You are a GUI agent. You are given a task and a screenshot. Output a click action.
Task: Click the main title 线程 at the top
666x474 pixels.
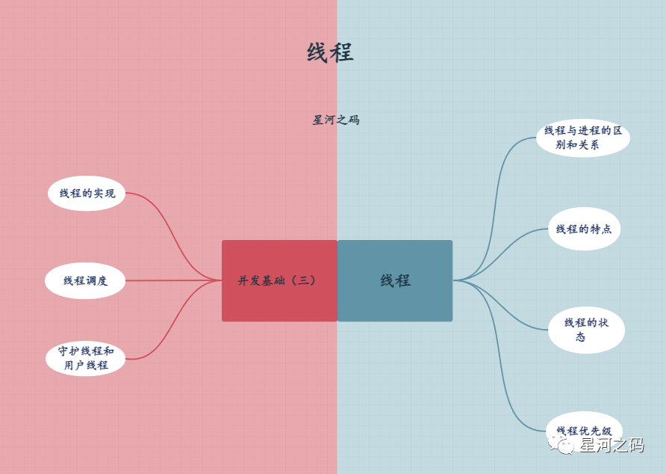click(x=330, y=52)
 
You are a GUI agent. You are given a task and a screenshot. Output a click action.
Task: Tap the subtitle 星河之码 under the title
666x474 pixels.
click(x=336, y=120)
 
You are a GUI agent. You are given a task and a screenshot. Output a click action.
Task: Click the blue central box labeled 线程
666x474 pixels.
click(x=395, y=280)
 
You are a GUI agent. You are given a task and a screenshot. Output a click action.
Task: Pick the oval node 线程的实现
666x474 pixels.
click(x=87, y=193)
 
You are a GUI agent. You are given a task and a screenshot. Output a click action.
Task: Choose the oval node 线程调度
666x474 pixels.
click(x=85, y=281)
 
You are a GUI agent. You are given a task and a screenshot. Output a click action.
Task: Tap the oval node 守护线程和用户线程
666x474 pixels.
click(x=86, y=358)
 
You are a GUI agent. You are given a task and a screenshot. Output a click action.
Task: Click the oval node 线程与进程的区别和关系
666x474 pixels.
click(x=582, y=138)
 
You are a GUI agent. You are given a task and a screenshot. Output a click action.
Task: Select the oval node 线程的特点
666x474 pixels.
click(x=584, y=229)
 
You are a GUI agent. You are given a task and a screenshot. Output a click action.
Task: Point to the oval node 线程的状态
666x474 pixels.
click(x=585, y=330)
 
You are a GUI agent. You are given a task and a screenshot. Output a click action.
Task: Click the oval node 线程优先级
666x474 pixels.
click(x=584, y=430)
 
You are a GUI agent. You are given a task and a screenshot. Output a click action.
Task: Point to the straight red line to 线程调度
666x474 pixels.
click(x=172, y=281)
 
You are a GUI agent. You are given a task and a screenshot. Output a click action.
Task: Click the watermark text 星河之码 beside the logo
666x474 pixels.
click(x=611, y=446)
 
